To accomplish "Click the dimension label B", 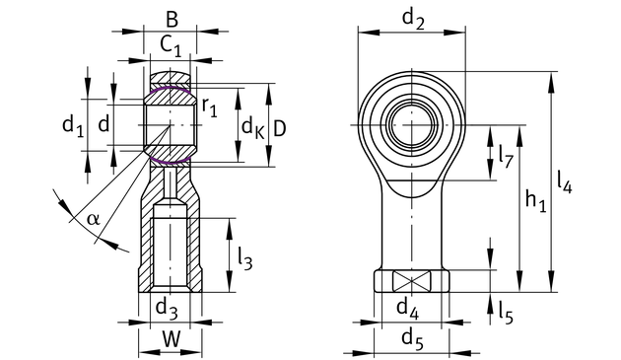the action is click(x=172, y=19).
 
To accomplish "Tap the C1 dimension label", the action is click(x=171, y=45).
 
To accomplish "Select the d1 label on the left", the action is click(x=73, y=126).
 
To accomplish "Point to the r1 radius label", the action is click(x=210, y=108).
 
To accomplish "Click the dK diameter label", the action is click(x=252, y=128).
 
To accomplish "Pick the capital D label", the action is click(x=280, y=128).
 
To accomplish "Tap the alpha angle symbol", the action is click(x=94, y=219).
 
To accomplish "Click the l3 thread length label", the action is click(x=244, y=258).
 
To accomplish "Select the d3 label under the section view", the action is click(x=167, y=309).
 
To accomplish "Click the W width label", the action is click(x=172, y=339).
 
